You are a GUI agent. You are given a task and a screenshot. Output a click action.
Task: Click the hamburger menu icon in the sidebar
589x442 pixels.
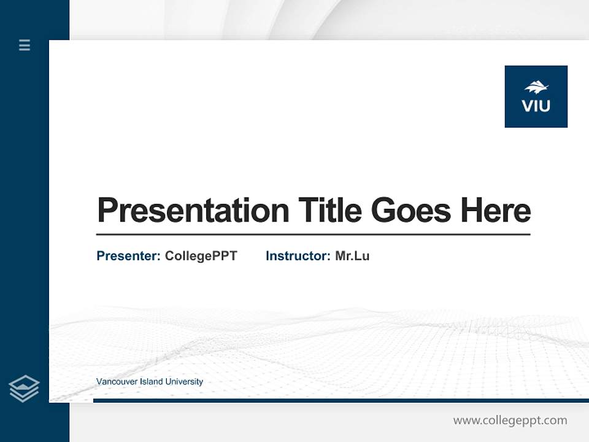pos(25,45)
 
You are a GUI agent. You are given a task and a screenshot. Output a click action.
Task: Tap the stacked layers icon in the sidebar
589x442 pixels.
pos(24,389)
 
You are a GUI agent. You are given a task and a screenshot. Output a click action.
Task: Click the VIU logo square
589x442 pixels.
pos(536,96)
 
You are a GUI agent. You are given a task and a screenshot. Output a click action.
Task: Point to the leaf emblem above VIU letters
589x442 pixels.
pos(536,87)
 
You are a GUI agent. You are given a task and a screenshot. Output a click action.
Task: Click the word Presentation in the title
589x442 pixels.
pos(193,211)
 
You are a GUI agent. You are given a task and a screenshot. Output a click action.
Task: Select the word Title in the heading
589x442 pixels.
pos(329,211)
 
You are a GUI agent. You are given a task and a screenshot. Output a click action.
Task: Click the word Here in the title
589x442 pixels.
pos(495,211)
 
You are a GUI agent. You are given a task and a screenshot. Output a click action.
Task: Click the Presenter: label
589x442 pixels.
pos(128,256)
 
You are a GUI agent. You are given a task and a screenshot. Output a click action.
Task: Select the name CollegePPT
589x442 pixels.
pos(201,256)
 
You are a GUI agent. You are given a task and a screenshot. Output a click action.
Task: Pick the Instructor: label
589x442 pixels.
pos(298,256)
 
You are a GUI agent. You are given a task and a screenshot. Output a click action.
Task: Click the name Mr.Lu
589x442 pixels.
pos(352,256)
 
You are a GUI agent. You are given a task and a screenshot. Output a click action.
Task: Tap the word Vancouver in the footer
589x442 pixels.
pos(117,382)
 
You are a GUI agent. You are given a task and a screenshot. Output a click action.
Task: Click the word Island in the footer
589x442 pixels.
pos(152,382)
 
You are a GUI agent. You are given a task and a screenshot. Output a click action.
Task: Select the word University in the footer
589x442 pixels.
pos(185,382)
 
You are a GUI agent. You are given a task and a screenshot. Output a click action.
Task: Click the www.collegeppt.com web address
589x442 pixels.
pos(510,421)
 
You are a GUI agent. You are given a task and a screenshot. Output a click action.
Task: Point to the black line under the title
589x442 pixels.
pos(313,235)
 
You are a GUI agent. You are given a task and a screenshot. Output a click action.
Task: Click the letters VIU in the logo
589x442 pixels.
pos(536,106)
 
